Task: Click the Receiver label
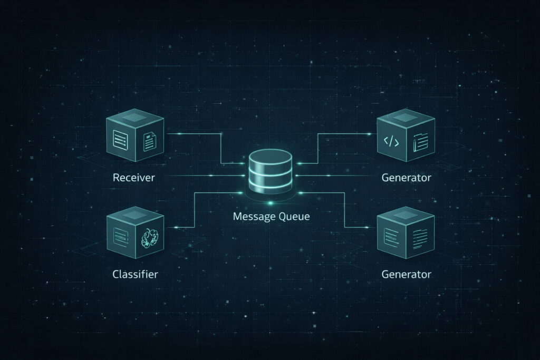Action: [x=134, y=178]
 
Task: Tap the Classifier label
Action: [x=135, y=274]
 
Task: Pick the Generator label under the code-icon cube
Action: [x=406, y=178]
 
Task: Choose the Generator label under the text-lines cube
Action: [x=406, y=274]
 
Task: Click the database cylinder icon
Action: [x=270, y=171]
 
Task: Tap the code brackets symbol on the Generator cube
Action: [x=391, y=141]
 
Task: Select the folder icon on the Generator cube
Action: [x=421, y=143]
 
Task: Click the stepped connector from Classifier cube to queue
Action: [x=196, y=211]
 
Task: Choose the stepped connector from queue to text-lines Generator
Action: [x=344, y=211]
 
